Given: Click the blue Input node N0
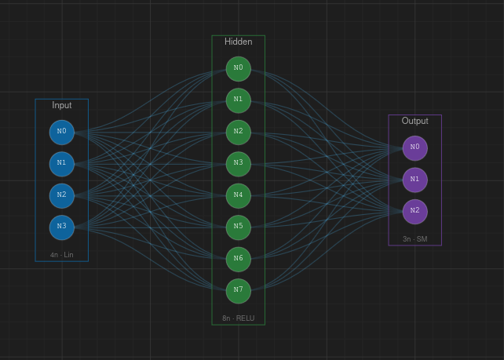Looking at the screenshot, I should coord(62,132).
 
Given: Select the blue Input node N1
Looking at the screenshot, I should coord(62,164).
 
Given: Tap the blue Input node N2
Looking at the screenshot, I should coord(62,195).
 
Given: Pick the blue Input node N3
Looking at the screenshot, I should coord(62,227).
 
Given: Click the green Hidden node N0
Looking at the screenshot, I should coord(239,68).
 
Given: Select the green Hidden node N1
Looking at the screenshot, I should coord(239,100).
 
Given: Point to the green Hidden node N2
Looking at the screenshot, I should coord(239,132).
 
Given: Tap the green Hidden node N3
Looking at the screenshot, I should coord(239,164).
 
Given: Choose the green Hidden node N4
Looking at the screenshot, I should coord(239,195).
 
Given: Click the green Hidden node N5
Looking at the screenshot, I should coord(239,227).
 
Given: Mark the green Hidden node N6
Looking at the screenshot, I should coord(239,259).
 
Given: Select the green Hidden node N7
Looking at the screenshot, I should coord(239,291).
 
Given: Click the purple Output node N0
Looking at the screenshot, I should coord(415,147).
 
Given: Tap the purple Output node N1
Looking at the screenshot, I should coord(415,180).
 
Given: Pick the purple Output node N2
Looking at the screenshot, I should coord(415,211).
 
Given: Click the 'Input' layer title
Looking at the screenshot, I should coord(62,105).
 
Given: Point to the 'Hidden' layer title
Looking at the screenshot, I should coord(239,42).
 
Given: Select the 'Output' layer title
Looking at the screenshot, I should coord(415,121).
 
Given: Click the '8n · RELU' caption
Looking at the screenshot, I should coord(239,318).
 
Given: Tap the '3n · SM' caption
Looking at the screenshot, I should coord(415,239).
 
